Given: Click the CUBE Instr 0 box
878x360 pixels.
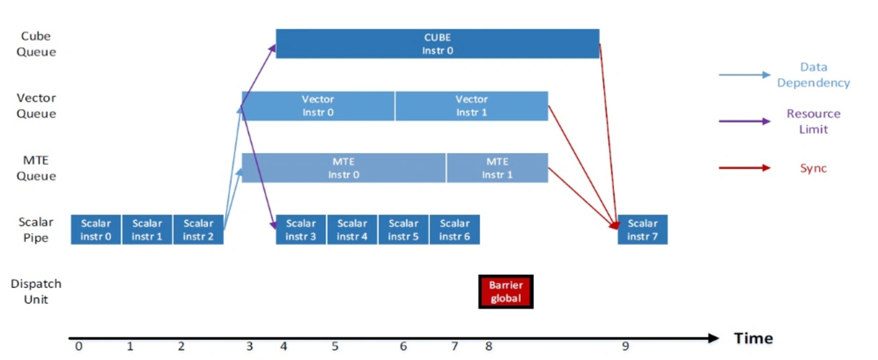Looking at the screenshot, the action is click(438, 44).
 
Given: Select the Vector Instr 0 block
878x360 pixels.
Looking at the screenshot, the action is click(318, 106).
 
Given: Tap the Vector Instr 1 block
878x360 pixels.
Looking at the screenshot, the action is click(471, 106).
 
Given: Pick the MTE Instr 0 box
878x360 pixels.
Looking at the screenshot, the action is click(344, 168).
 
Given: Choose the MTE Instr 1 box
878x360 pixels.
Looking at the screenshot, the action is click(497, 168).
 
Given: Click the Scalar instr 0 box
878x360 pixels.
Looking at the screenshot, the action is click(95, 230).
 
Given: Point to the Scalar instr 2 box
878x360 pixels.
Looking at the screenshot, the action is click(198, 230).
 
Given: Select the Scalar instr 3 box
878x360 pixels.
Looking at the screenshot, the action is click(300, 230).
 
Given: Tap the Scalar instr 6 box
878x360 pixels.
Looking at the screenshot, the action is click(455, 230).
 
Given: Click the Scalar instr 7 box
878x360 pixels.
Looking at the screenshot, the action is click(643, 230).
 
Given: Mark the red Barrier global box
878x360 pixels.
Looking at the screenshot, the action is click(506, 291).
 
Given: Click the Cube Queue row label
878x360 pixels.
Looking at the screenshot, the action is click(36, 44).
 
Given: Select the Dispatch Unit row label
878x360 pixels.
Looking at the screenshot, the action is click(36, 291).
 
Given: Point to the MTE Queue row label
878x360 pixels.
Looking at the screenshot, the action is click(36, 168).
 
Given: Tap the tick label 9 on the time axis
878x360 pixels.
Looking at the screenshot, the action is click(625, 346).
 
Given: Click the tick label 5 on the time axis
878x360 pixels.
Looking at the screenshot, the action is click(335, 346).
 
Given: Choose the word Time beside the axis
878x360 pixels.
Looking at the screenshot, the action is click(753, 338).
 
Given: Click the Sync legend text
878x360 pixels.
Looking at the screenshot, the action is click(814, 168).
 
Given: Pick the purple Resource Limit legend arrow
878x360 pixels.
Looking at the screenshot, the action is click(744, 121).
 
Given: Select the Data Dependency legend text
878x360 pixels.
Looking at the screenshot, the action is click(814, 75).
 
